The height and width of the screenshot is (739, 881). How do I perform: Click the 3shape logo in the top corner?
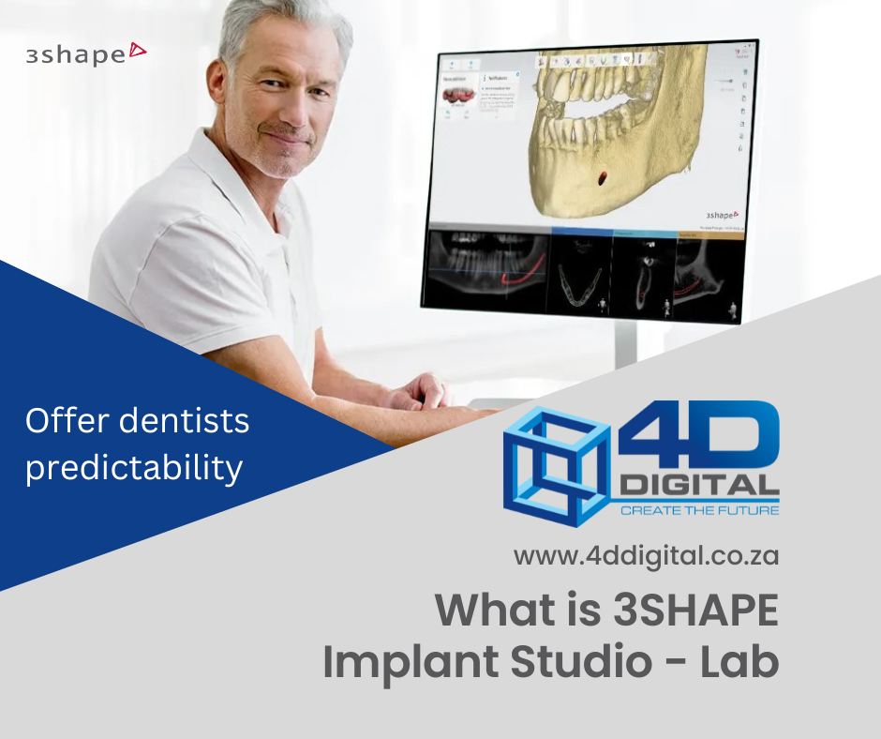pos(86,53)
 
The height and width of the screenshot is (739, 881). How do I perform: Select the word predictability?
pos(134,466)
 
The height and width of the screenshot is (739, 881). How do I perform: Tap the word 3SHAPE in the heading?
pos(695,611)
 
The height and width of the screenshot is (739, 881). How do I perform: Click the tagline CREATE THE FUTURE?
pos(699,510)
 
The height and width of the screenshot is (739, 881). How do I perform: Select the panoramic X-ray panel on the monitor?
pos(486,269)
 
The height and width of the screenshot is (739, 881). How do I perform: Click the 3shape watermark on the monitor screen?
pos(722,215)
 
